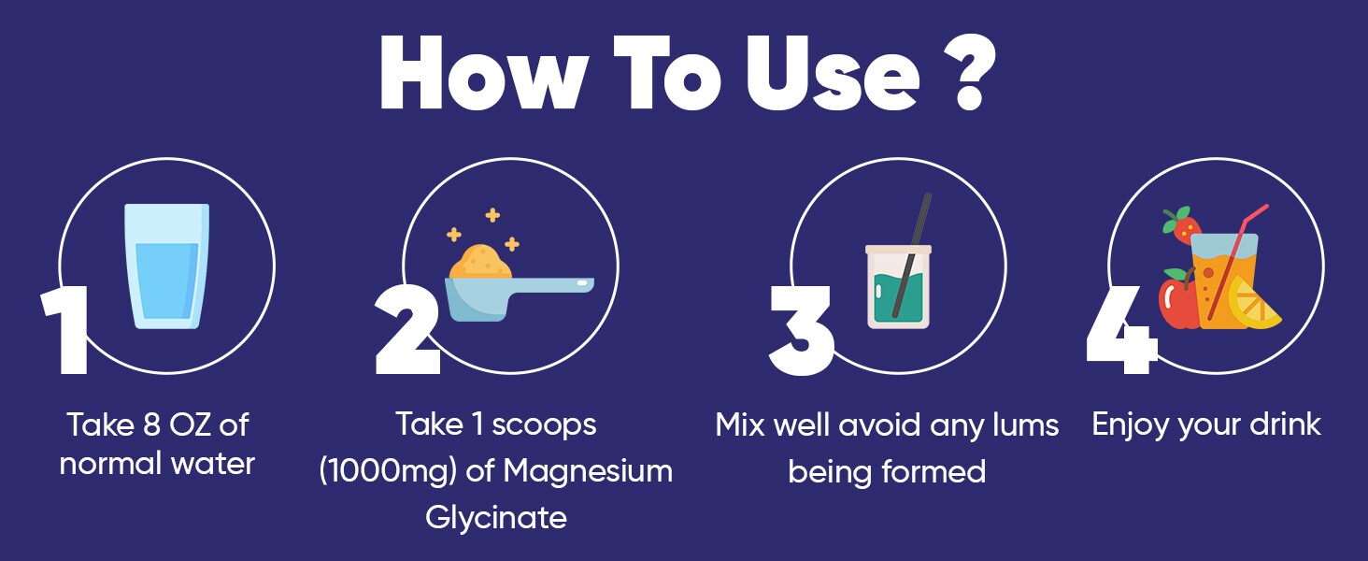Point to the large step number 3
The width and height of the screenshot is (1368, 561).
point(801,332)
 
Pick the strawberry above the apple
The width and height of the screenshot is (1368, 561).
point(1183,225)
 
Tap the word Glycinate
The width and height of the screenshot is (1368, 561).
point(495,517)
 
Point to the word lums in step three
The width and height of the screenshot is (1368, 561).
point(1023,425)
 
